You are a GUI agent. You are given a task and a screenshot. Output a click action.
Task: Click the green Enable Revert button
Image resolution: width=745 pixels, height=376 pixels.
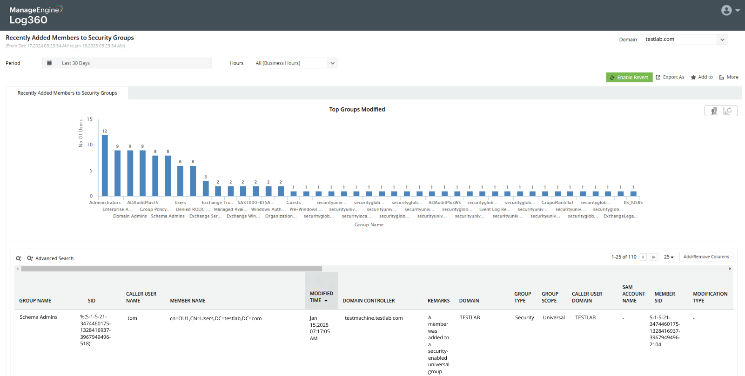pos(629,77)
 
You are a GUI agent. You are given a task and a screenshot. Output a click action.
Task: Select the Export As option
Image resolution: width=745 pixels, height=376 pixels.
pos(670,77)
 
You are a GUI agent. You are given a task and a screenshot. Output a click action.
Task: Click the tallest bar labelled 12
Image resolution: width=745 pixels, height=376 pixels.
pos(105,165)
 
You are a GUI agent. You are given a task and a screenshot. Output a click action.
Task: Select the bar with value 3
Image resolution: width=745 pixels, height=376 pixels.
pos(206,188)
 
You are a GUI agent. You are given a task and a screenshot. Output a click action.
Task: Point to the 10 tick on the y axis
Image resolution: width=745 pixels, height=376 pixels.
pos(90,145)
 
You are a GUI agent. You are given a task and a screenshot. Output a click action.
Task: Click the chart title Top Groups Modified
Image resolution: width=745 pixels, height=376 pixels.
pos(357,110)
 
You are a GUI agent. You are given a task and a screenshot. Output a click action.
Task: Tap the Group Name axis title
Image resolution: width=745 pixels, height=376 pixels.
pos(369,225)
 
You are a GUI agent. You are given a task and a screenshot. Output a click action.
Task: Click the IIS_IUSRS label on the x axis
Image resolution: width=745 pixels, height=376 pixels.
pos(633,203)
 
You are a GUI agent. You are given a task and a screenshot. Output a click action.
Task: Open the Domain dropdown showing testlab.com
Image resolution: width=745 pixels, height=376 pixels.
pos(684,40)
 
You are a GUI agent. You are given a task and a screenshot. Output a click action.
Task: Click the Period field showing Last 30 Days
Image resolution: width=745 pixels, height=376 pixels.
pos(134,63)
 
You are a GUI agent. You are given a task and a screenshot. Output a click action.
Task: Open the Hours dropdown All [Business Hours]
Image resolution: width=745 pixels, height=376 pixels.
pos(294,63)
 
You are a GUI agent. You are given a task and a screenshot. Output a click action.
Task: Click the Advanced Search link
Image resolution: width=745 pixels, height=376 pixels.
pos(54,258)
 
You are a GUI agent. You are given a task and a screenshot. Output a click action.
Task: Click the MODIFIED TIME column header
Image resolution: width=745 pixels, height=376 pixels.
pos(321,297)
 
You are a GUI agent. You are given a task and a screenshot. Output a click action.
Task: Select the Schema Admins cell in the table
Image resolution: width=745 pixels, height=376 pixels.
pos(39,317)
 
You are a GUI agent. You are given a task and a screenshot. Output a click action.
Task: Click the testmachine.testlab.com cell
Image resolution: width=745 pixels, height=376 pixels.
pos(374,318)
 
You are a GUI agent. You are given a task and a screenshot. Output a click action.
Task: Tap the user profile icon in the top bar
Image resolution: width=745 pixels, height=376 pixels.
pos(726,10)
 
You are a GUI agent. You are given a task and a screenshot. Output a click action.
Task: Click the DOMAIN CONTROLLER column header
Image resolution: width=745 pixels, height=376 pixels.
pos(369,301)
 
